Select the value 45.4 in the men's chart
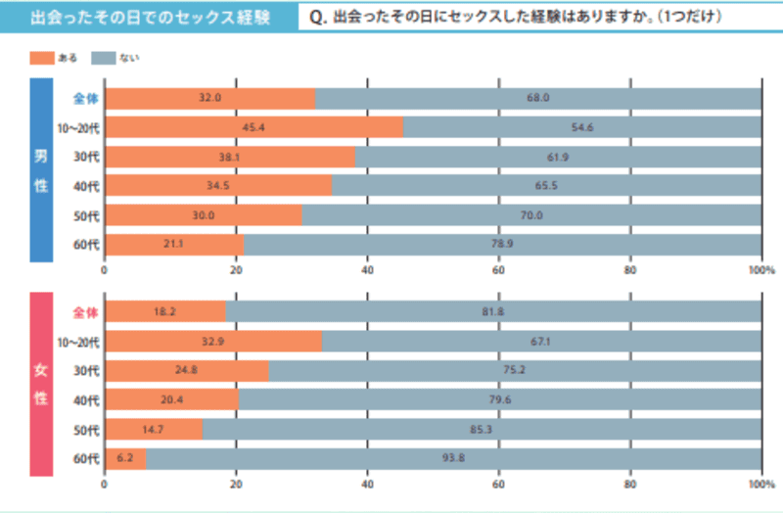pyautogui.click(x=254, y=127)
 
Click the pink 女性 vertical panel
pyautogui.click(x=41, y=383)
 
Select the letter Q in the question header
pyautogui.click(x=315, y=18)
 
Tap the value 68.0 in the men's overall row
pyautogui.click(x=537, y=98)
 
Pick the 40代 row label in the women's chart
pyautogui.click(x=86, y=400)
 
